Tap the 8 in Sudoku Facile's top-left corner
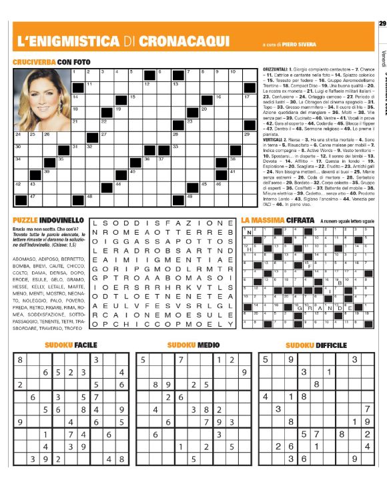pyautogui.click(x=19, y=359)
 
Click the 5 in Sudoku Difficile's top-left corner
pyautogui.click(x=266, y=359)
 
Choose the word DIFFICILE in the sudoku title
pyautogui.click(x=327, y=345)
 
